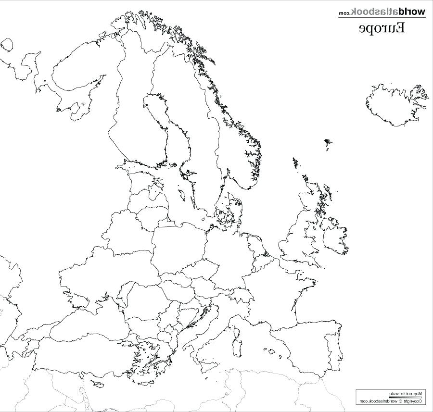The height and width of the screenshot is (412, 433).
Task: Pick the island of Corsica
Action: pos(236,330)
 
